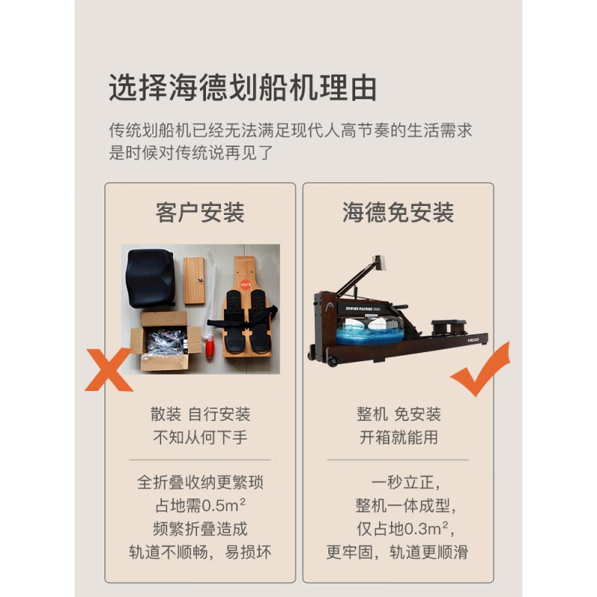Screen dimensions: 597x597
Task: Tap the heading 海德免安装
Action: (398, 213)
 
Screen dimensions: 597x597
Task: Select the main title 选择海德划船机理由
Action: (243, 88)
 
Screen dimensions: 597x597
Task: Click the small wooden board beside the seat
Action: (195, 281)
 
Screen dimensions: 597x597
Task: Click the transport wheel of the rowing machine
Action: (331, 362)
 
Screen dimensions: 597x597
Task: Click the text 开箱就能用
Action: (398, 437)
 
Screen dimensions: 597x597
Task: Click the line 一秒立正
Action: (398, 483)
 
